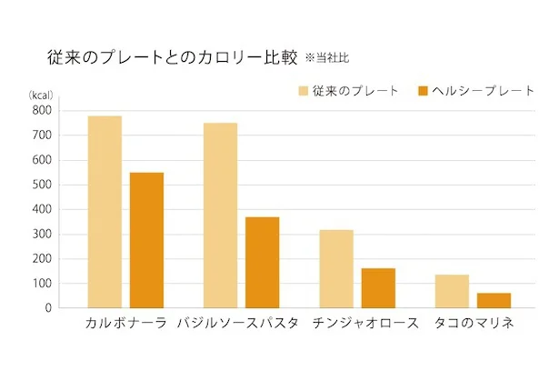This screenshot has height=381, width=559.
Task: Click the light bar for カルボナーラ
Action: click(105, 212)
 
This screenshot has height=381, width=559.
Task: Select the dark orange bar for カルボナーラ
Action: click(146, 240)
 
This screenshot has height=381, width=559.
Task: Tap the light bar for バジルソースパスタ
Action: click(220, 216)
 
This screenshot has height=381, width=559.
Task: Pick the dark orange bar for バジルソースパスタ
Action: click(263, 262)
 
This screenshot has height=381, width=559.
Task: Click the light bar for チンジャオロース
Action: click(336, 268)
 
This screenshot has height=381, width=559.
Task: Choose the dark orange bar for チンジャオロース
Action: click(378, 287)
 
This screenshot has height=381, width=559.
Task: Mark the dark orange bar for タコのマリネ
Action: click(494, 300)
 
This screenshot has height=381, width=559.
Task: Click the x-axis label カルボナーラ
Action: click(125, 324)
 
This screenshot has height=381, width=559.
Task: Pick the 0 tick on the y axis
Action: click(48, 308)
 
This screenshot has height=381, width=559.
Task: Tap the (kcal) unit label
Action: click(41, 95)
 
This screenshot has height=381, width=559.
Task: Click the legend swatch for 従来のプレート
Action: click(302, 92)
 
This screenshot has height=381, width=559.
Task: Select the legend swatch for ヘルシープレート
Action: click(422, 92)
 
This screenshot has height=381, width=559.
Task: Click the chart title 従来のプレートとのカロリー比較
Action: click(172, 58)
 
